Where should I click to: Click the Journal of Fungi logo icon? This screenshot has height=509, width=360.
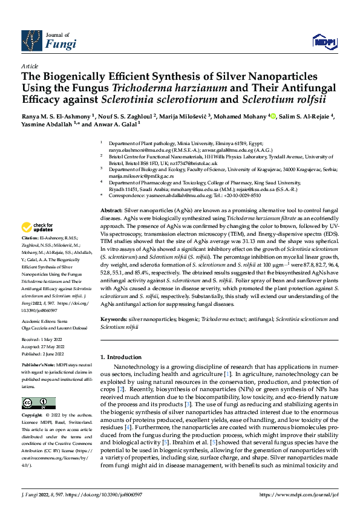[x=31, y=40]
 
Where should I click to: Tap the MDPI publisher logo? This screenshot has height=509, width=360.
[x=324, y=41]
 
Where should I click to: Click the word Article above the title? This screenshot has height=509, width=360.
[x=29, y=65]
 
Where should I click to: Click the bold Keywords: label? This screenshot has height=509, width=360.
[x=113, y=318]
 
